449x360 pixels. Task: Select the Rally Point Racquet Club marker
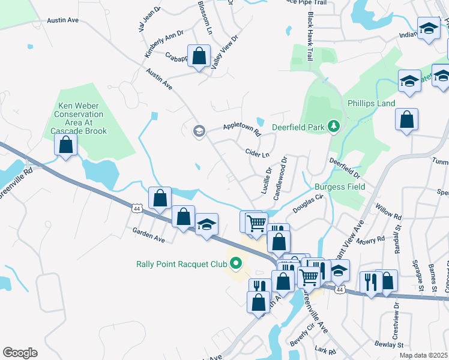pos(236,263)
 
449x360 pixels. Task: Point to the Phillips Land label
pos(371,103)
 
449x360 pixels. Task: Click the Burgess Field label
pos(339,187)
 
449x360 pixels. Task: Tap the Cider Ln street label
pos(258,154)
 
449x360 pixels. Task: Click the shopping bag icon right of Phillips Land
pos(406,119)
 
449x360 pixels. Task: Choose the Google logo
pos(20,352)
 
